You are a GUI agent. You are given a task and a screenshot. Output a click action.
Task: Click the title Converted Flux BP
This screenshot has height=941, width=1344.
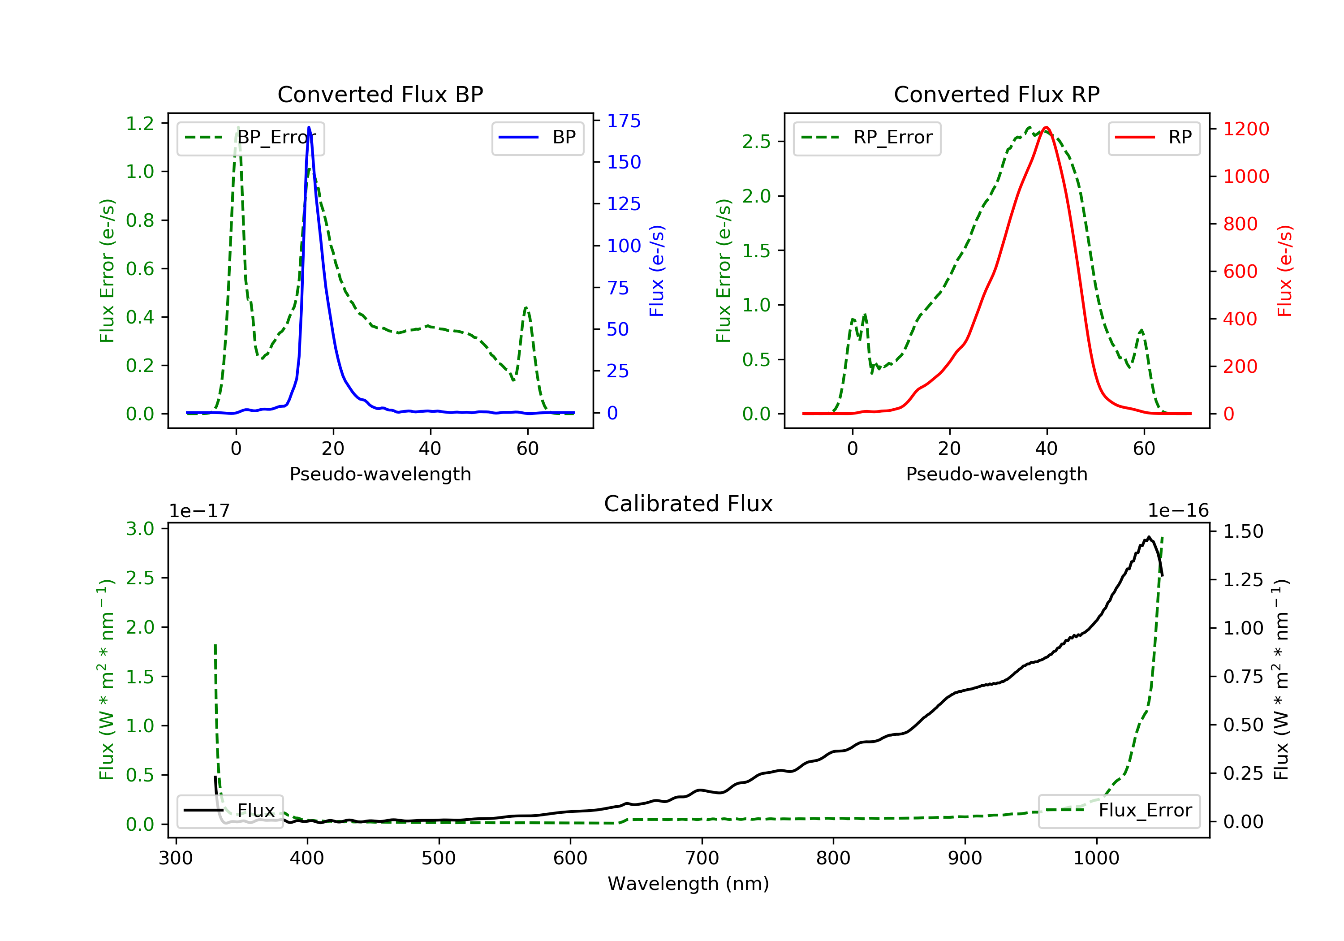[x=380, y=94]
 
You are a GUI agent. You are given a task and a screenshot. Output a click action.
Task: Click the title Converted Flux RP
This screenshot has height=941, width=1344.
[x=996, y=94]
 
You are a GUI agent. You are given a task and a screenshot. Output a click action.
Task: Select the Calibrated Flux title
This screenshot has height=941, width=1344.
[x=689, y=504]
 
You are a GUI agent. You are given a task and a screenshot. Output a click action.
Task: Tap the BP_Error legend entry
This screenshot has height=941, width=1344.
[x=250, y=138]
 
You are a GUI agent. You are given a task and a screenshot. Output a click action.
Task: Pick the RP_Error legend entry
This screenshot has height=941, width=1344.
[x=867, y=138]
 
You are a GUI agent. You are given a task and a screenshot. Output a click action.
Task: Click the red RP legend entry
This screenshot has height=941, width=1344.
[x=1154, y=138]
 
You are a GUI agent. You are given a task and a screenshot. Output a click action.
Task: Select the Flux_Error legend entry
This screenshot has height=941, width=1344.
[x=1119, y=811]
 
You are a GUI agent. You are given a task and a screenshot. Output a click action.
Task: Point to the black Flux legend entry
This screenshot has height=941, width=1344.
[x=229, y=811]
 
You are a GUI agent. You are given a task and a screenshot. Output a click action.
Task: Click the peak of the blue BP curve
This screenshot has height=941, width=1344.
[x=309, y=127]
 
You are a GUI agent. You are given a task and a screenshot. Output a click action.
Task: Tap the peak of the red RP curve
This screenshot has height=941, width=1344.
[x=1046, y=127]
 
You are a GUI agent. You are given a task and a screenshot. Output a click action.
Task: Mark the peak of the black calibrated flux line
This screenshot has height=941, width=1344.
[x=1149, y=536]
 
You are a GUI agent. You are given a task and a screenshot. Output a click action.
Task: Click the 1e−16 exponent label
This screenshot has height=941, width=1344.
[x=1178, y=511]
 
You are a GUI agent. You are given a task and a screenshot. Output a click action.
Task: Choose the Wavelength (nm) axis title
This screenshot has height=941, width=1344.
[x=689, y=884]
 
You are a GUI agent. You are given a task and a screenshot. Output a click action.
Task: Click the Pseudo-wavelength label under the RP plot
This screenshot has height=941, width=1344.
[x=996, y=474]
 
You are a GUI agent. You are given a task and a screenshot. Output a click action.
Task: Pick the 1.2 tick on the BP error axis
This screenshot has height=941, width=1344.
[x=140, y=124]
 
